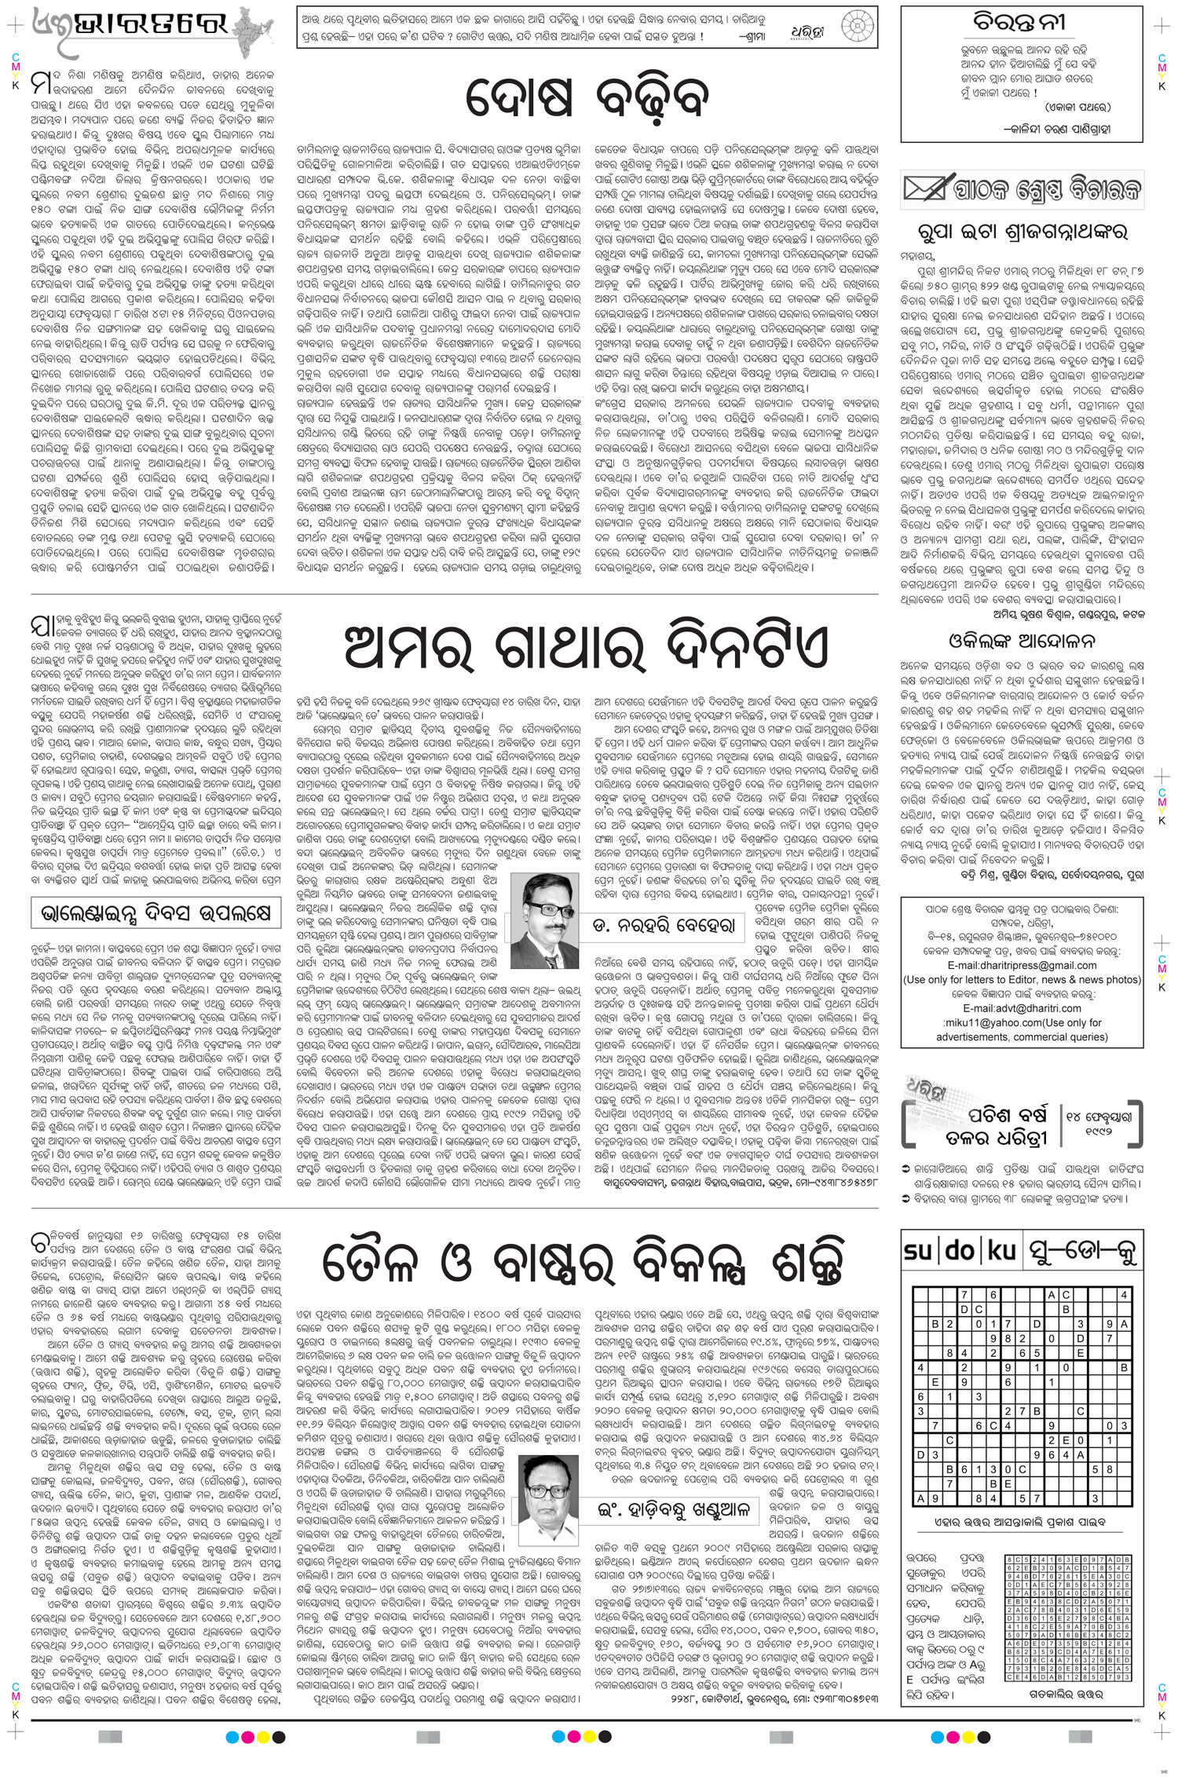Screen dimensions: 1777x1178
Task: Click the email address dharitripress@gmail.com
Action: point(1021,964)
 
